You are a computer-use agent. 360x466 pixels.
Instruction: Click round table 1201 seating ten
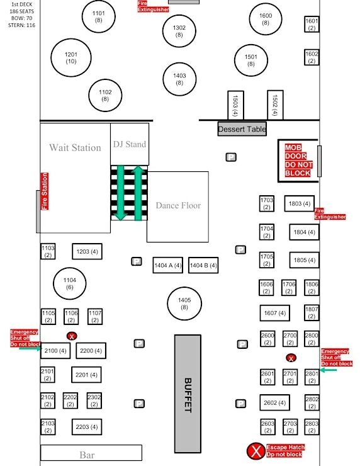tap(71, 58)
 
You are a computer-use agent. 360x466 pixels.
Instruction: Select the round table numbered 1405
tap(184, 304)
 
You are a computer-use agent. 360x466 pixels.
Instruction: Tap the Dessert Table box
tap(242, 129)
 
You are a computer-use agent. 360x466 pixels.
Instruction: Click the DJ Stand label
tap(130, 144)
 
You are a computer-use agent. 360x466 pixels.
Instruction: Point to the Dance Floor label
tap(178, 205)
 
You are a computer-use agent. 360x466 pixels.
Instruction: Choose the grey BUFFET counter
tap(188, 394)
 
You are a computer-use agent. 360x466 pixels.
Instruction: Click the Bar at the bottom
tap(91, 453)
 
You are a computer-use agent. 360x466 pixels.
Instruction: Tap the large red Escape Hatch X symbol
tap(256, 451)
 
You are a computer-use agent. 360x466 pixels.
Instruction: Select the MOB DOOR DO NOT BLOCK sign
tap(298, 160)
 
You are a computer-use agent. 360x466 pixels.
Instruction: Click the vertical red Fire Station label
tap(44, 191)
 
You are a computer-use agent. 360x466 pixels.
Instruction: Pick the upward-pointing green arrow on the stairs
tap(138, 193)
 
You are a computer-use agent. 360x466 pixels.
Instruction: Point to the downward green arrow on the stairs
tap(120, 193)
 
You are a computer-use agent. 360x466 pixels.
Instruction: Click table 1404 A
tap(168, 265)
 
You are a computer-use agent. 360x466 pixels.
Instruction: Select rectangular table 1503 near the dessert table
tap(235, 105)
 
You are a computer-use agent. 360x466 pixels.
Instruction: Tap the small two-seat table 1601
tap(312, 25)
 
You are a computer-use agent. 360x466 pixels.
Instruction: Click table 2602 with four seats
tap(275, 402)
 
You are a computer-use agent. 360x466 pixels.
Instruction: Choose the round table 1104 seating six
tap(70, 283)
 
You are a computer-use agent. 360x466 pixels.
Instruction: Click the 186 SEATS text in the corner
tap(21, 11)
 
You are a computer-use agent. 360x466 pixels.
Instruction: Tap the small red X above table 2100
tap(72, 336)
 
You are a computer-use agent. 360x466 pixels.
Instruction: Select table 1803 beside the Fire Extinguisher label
tap(300, 203)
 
